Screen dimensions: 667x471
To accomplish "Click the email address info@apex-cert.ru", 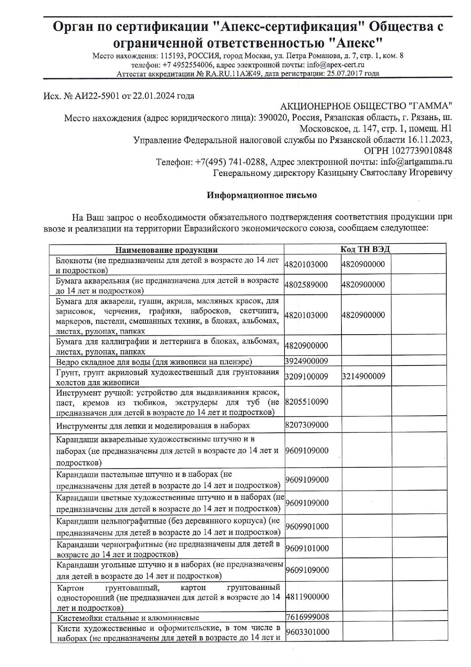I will [335, 65].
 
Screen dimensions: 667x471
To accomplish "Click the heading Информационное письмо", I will [262, 195].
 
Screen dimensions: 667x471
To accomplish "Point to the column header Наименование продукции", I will [166, 250].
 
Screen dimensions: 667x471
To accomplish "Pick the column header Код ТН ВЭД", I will [365, 249].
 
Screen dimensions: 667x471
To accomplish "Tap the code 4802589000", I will [306, 285].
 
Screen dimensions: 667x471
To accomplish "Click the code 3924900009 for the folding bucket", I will [306, 361].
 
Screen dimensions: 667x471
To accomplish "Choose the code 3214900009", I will [364, 376].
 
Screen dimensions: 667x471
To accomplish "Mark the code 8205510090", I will [307, 402].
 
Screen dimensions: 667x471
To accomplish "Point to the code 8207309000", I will [307, 425].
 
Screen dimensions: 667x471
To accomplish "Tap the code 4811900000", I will [307, 597].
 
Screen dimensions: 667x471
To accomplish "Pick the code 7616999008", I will [307, 617].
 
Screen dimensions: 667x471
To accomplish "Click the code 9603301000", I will [307, 632].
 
